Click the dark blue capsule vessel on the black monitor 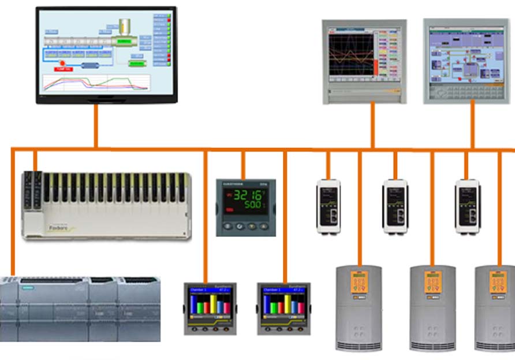[90, 65]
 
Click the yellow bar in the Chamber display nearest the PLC [212, 303]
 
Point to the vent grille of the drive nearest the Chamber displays [359, 346]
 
